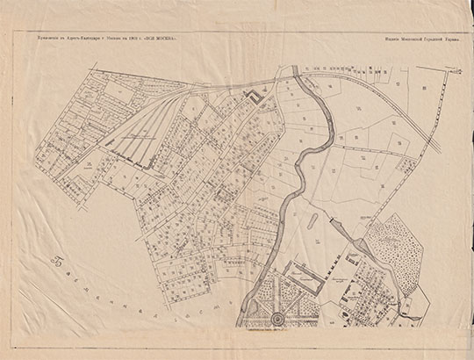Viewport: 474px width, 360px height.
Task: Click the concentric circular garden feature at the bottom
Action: (x=278, y=317)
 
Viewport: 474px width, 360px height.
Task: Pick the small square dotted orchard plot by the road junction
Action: (x=337, y=260)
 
